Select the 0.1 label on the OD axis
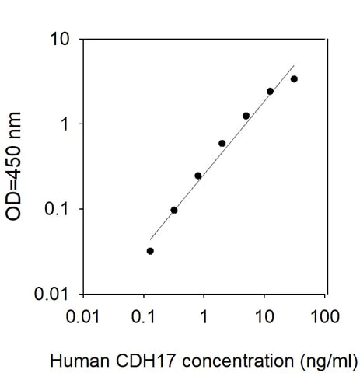pos(59,210)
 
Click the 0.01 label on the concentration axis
pos(83,317)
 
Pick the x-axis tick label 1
pos(204,317)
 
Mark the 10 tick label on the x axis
pos(264,317)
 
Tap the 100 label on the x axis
pos(325,317)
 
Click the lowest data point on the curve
pos(150,251)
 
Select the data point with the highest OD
pos(294,79)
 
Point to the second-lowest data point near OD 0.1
pos(174,210)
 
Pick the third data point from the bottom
pos(198,176)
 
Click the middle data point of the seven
pos(222,143)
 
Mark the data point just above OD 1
pos(246,116)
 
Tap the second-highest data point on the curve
pos(270,91)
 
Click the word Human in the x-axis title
pos(74,361)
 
